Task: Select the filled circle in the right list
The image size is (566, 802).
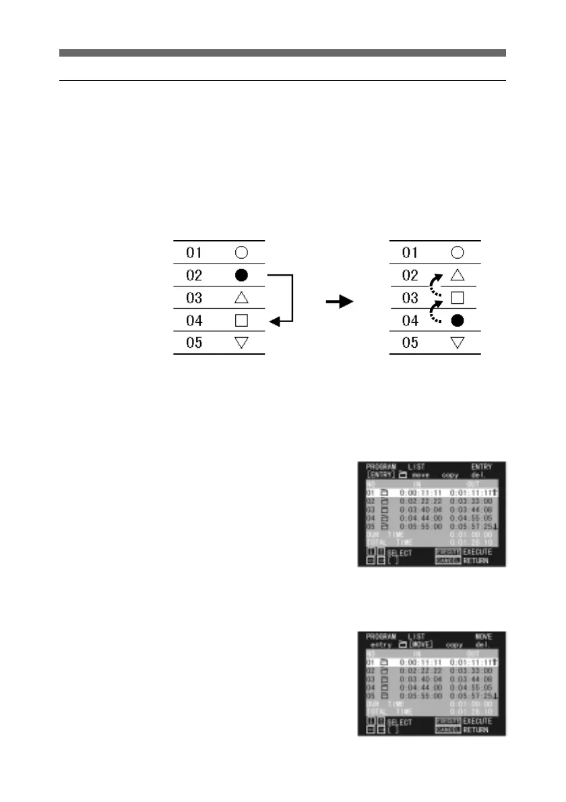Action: (457, 321)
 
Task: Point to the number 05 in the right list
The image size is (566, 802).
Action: (410, 343)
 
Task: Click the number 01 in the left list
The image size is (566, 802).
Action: (194, 253)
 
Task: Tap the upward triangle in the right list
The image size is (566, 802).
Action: (457, 276)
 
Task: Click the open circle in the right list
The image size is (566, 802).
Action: (457, 253)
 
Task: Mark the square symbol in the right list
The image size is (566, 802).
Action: (457, 298)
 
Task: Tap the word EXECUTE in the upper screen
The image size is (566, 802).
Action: (477, 551)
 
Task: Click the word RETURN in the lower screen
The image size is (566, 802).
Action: (476, 730)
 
